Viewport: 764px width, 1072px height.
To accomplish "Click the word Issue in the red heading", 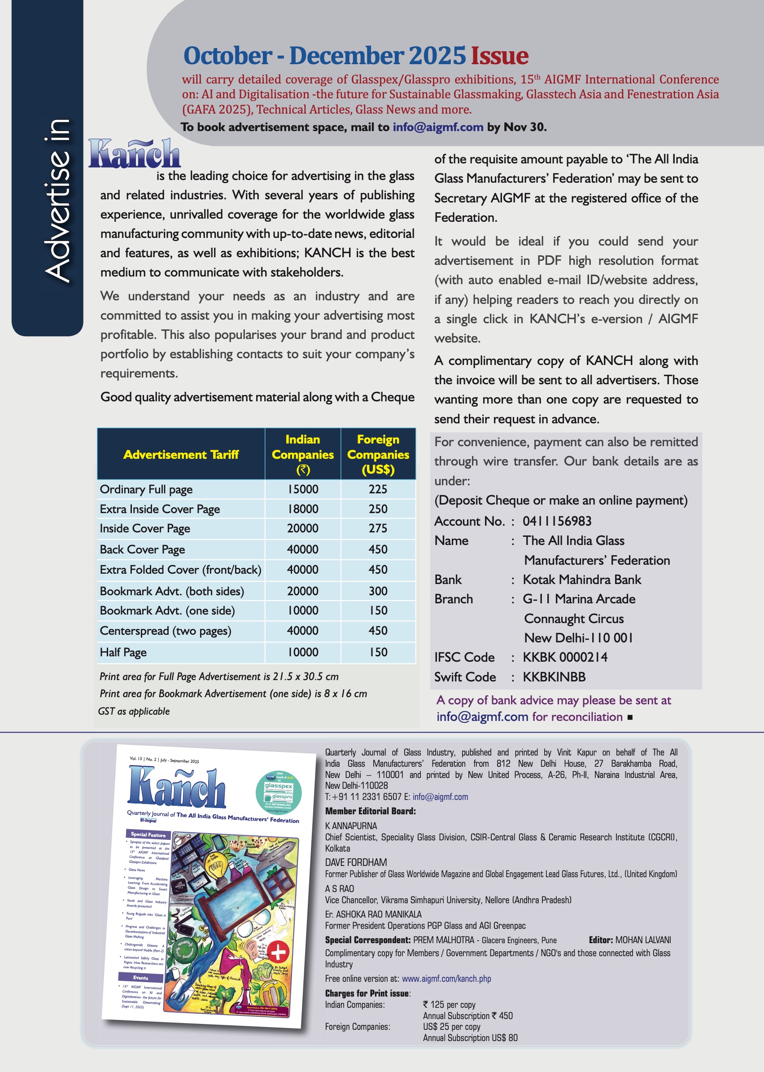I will coord(500,56).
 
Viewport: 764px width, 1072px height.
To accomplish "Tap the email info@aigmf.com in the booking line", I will coord(437,127).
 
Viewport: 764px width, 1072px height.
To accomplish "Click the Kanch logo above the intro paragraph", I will coord(135,154).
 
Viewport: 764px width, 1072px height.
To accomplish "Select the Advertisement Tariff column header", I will coord(181,454).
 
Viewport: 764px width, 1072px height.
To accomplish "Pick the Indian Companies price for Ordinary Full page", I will coord(302,489).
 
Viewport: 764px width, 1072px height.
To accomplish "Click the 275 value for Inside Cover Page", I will coord(378,528).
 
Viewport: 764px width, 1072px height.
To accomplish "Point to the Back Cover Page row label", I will coord(142,549).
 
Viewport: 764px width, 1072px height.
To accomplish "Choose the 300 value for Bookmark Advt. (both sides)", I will coord(378,591).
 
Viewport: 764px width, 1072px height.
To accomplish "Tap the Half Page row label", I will coord(123,652).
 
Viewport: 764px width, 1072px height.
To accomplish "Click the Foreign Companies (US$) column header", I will coord(378,454).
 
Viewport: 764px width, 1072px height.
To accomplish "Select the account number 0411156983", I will coord(557,521).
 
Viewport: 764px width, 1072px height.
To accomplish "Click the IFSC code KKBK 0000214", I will coord(565,657).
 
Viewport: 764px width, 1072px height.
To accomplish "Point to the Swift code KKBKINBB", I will coord(554,677).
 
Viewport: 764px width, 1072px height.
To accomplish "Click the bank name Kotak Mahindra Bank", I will coord(582,580).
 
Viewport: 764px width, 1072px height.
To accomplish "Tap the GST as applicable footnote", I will coord(134,712).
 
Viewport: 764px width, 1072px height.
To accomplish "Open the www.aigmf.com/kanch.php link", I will coord(446,979).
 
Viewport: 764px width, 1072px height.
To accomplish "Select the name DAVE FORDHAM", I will coord(356,862).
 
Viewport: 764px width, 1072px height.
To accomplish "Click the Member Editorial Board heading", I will coord(370,811).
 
